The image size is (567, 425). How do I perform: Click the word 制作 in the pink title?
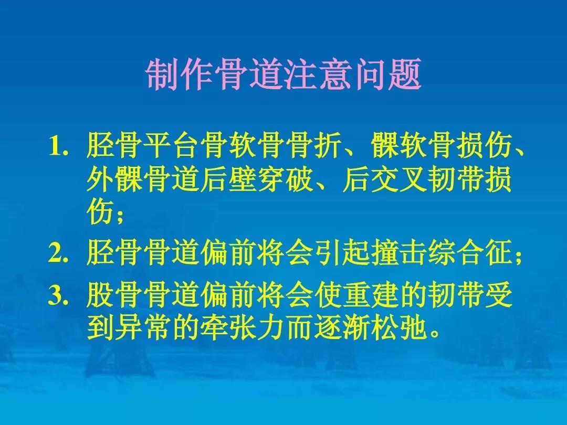[180, 75]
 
